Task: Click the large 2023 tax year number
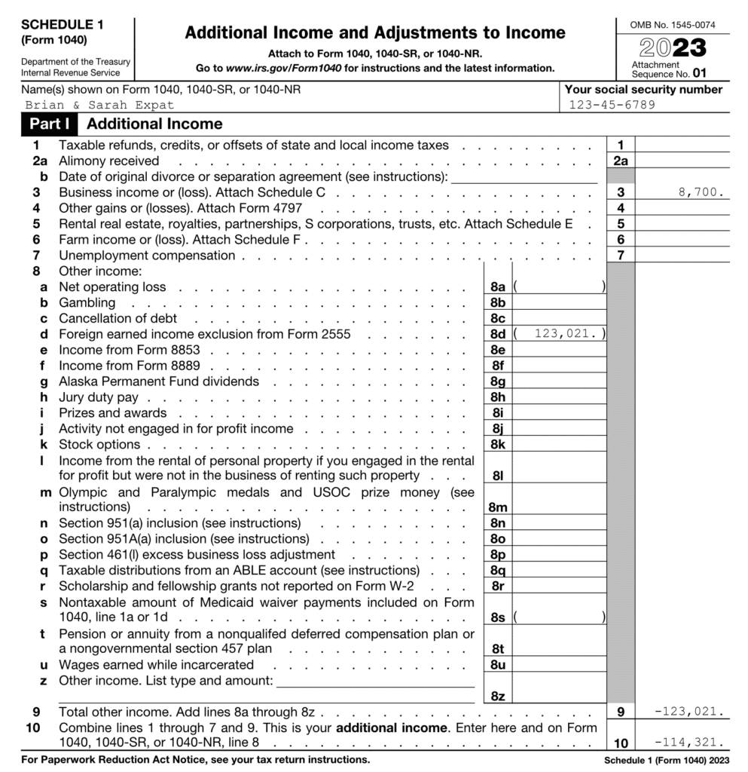673,47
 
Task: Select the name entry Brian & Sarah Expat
99,105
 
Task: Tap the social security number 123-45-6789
612,105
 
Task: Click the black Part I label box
51,124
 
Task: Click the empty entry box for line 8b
559,302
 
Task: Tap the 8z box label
497,696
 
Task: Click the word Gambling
87,302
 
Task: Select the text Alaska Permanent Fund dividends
159,381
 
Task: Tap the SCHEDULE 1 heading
63,24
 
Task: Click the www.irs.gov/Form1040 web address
279,68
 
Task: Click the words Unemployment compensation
147,255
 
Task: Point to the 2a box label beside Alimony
621,161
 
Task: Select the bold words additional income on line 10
383,728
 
